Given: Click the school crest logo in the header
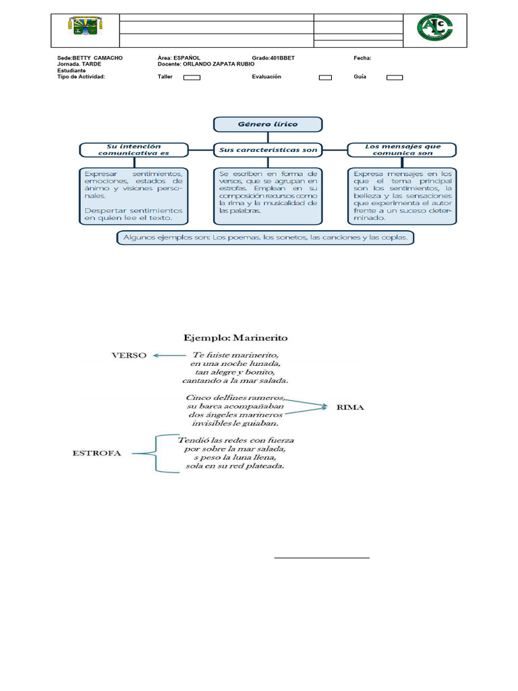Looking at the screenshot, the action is pyautogui.click(x=86, y=26).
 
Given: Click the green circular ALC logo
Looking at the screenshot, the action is pyautogui.click(x=435, y=28).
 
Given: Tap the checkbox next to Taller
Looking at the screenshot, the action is pyautogui.click(x=192, y=78).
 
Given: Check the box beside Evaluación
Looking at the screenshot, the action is pyautogui.click(x=325, y=78).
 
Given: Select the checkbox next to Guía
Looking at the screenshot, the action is pyautogui.click(x=394, y=78).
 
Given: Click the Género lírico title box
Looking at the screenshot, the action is pyautogui.click(x=268, y=124).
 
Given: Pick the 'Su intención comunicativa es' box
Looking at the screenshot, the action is pyautogui.click(x=134, y=150).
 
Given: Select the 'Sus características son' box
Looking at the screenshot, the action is pyautogui.click(x=268, y=150).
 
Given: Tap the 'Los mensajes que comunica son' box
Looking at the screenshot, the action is pyautogui.click(x=402, y=150).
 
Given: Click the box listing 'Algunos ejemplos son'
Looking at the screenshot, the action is pyautogui.click(x=265, y=238).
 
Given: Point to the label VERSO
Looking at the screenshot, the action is pyautogui.click(x=129, y=356).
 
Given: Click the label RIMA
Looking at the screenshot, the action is pyautogui.click(x=350, y=407).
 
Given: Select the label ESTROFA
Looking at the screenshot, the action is pyautogui.click(x=96, y=453).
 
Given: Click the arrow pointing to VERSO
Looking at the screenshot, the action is pyautogui.click(x=169, y=355).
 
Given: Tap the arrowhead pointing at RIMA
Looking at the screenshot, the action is pyautogui.click(x=324, y=407).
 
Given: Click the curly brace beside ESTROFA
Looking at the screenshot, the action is pyautogui.click(x=156, y=453).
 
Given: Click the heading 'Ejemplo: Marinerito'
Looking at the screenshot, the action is pyautogui.click(x=235, y=338).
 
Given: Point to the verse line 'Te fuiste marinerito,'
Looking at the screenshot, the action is pyautogui.click(x=235, y=355).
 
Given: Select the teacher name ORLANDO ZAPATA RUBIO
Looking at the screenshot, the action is pyautogui.click(x=219, y=64).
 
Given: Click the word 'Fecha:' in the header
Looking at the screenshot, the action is pyautogui.click(x=362, y=58).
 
